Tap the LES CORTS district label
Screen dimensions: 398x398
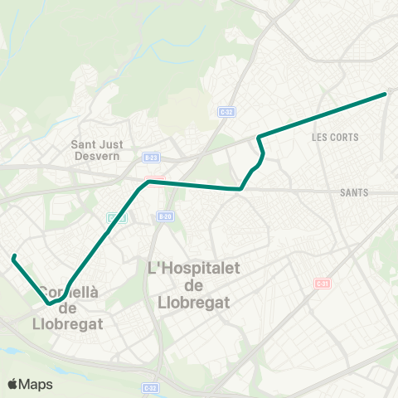pos(335,137)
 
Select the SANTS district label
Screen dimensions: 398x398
pos(354,192)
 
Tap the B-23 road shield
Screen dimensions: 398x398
pos(150,156)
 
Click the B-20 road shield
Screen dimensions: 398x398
pos(163,216)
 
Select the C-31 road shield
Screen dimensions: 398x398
pos(322,284)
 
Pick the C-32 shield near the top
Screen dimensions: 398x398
pos(226,111)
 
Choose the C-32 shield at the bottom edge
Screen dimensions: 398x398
pos(150,387)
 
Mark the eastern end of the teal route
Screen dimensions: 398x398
pos(386,94)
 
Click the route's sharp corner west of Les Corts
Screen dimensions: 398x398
pos(260,137)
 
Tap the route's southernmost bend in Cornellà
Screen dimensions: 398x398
pos(50,303)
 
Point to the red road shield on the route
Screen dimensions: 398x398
pos(150,181)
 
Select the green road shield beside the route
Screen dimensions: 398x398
pos(114,217)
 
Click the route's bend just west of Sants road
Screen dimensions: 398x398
pos(240,188)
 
